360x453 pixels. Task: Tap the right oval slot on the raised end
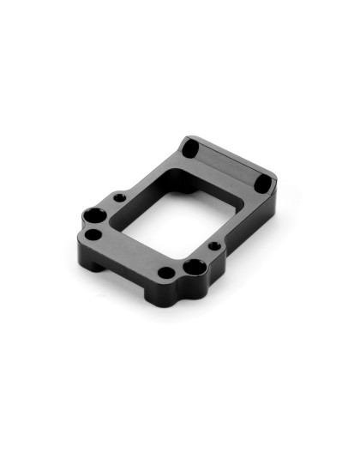pyautogui.click(x=263, y=184)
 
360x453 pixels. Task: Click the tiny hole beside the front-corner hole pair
pyautogui.click(x=213, y=247)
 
